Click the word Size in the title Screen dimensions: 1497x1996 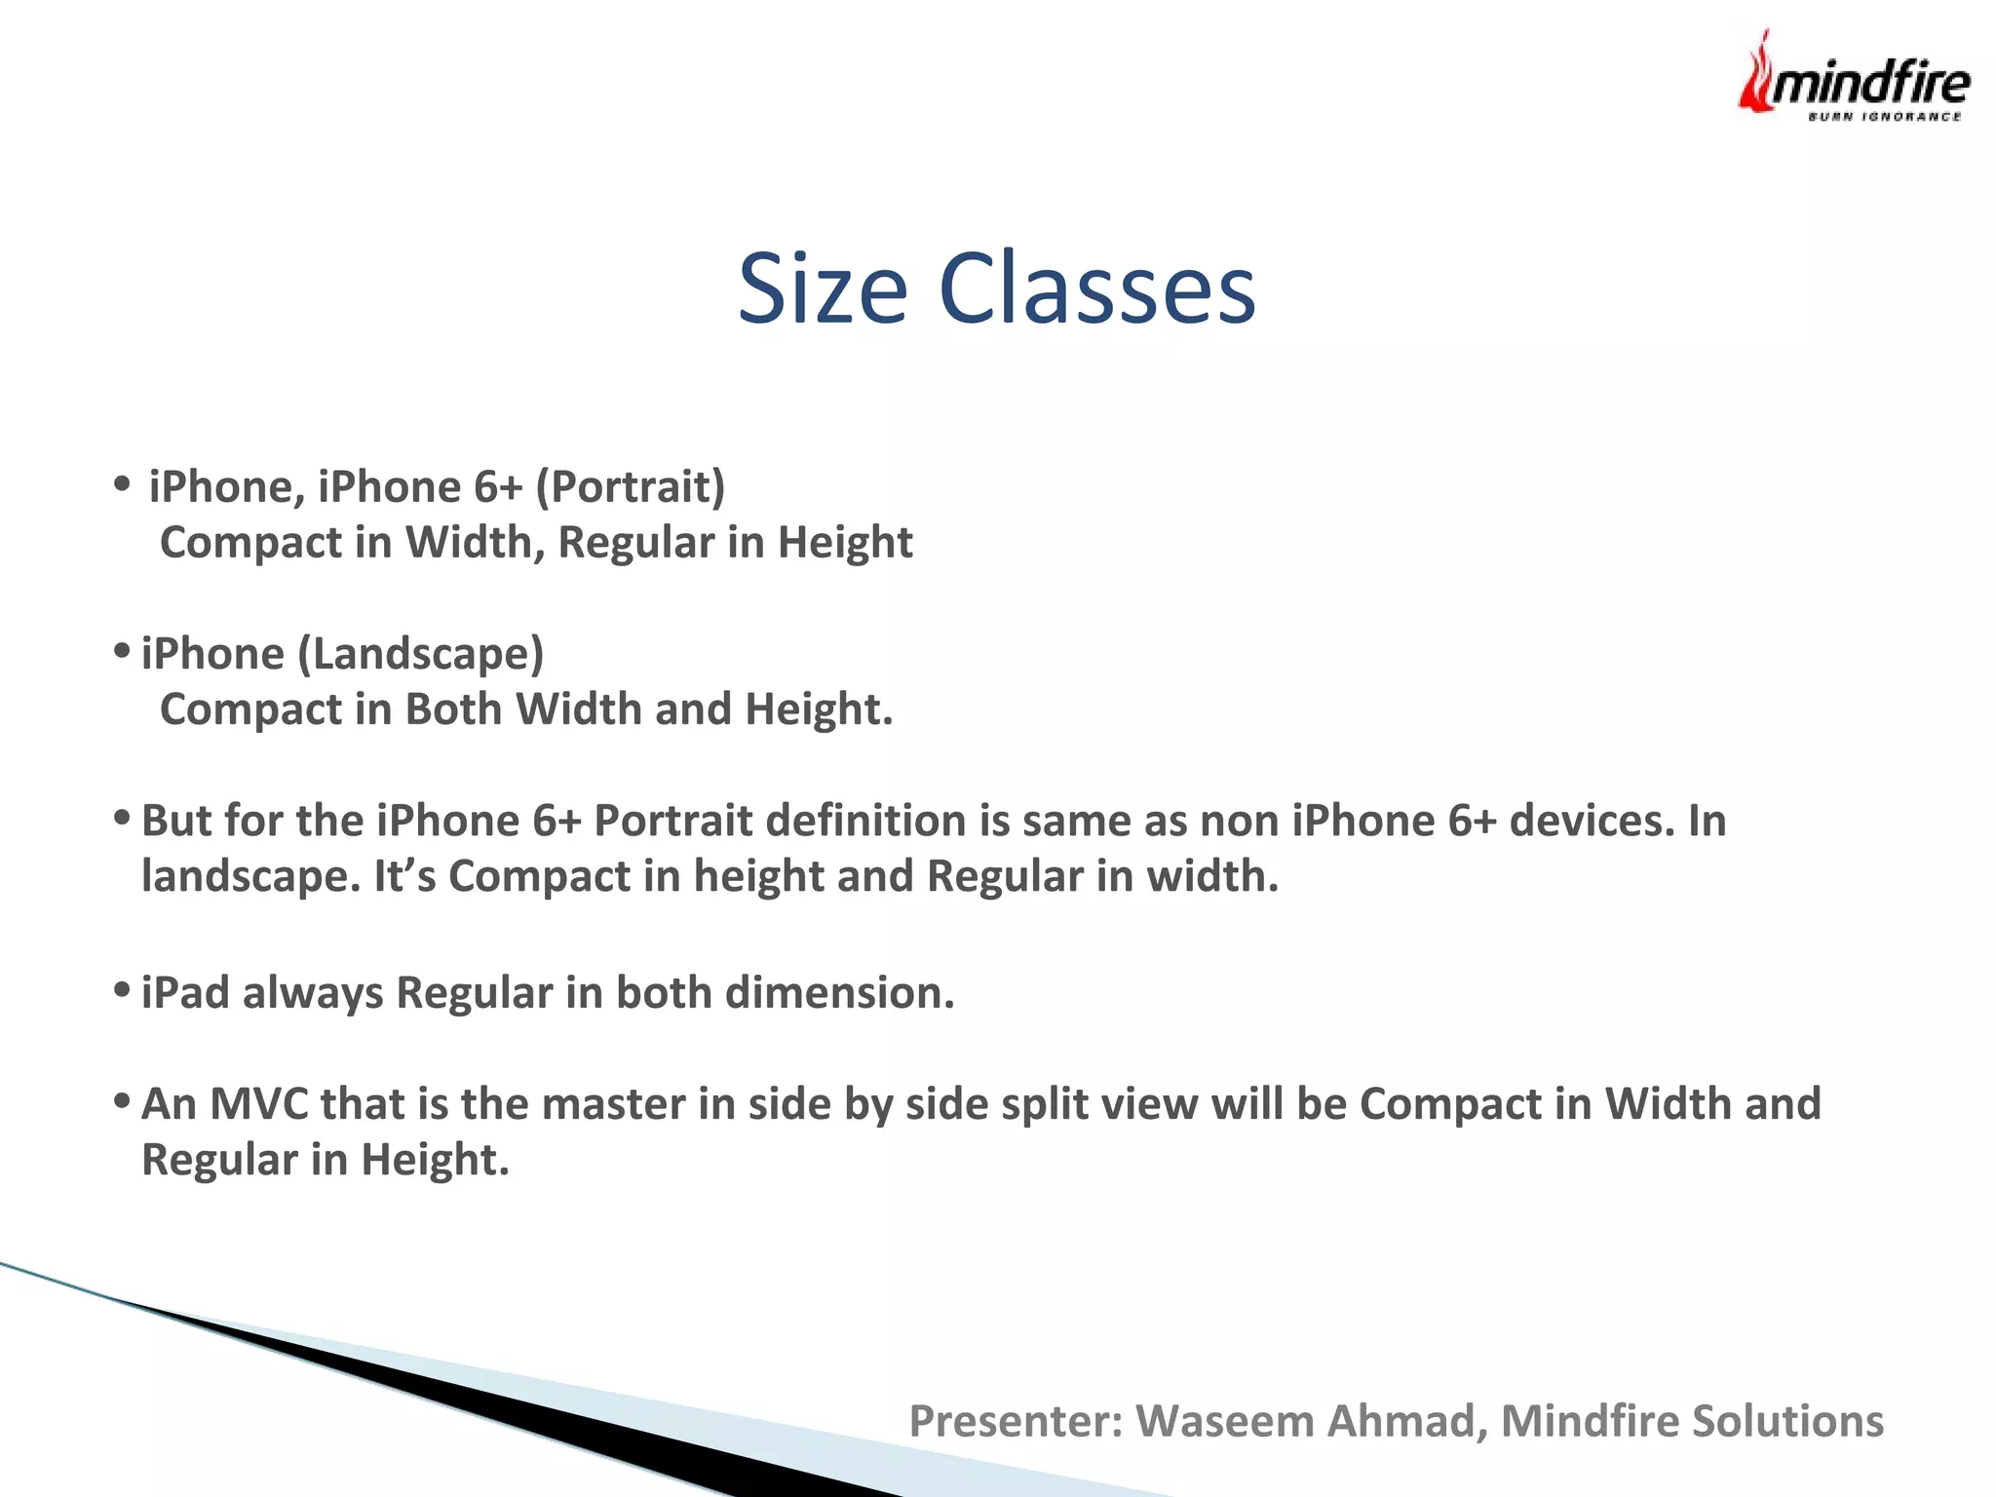[x=822, y=289]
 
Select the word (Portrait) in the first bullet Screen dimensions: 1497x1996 [x=631, y=487]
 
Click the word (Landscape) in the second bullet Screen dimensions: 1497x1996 [x=420, y=654]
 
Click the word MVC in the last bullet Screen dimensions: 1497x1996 [x=258, y=1104]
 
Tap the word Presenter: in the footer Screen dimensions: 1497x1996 [x=1016, y=1421]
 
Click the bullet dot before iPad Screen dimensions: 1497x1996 [x=122, y=990]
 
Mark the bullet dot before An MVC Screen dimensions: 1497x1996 [x=122, y=1101]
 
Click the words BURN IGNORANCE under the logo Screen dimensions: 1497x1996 [x=1884, y=117]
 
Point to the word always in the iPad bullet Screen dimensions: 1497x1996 [x=313, y=993]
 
